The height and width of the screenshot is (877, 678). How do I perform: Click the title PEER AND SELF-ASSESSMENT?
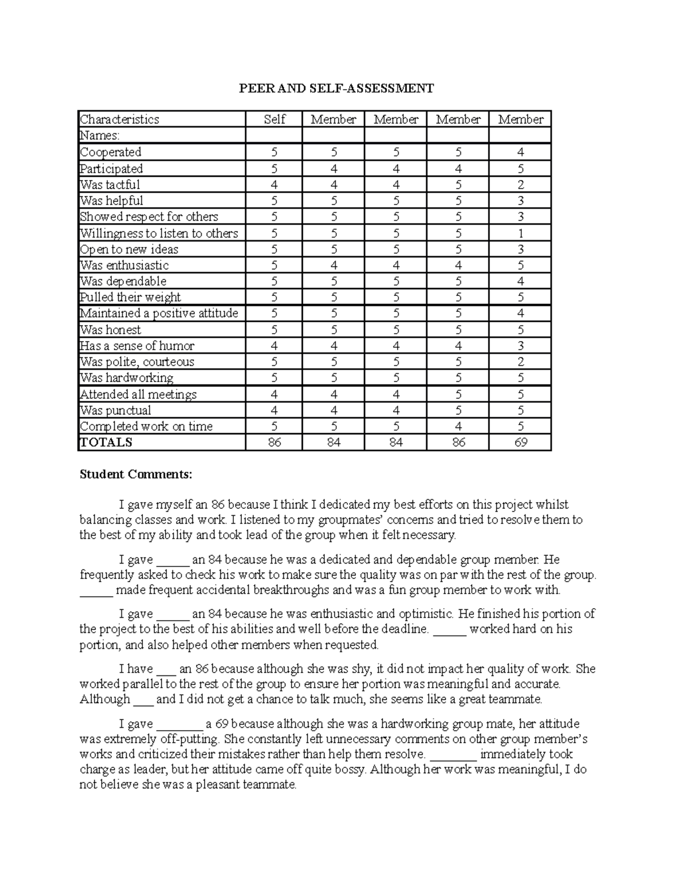point(336,88)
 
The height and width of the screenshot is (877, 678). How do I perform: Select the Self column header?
point(275,119)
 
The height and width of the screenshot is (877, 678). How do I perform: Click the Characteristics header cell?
point(120,119)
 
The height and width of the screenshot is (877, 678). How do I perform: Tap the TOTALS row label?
point(106,442)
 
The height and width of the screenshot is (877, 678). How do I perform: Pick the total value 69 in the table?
point(520,442)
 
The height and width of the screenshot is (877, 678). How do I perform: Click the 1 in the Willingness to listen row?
point(520,233)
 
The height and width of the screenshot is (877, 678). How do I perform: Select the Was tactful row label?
point(110,185)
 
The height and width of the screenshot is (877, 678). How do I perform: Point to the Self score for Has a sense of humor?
point(275,346)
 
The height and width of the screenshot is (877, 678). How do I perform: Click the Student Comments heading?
point(136,474)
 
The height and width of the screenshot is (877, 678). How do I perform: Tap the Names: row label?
point(100,136)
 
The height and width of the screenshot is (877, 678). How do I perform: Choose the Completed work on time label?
point(146,426)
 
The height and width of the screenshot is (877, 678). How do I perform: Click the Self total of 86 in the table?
point(275,442)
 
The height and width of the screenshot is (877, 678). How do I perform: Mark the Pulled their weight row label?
point(131,297)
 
